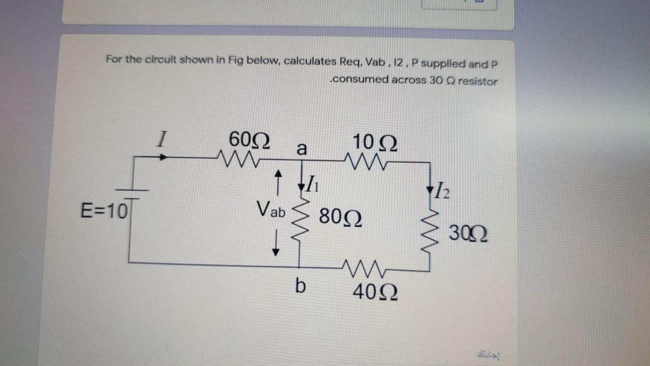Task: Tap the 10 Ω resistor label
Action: click(375, 141)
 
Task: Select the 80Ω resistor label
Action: click(340, 218)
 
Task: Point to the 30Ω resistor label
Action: click(468, 235)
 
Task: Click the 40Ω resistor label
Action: click(375, 291)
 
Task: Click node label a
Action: click(302, 149)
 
